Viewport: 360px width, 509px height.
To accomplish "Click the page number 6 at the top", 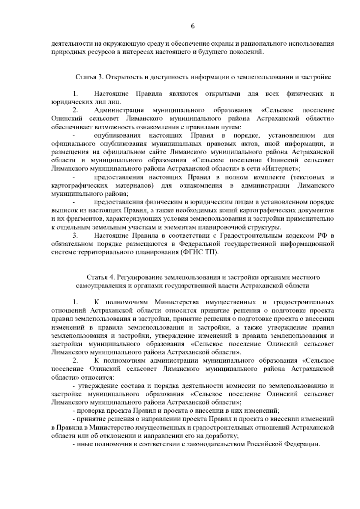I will (x=193, y=26).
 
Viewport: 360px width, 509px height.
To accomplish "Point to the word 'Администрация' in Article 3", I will (x=119, y=110).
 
